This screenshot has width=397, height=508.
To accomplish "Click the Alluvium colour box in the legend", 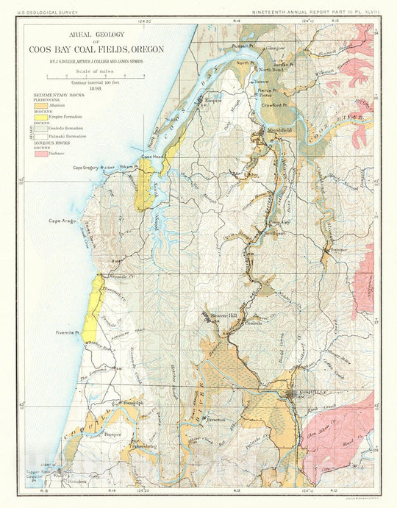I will [40, 106].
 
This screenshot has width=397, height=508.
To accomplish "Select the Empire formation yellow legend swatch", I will [40, 116].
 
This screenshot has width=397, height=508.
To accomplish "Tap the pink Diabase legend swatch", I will [40, 154].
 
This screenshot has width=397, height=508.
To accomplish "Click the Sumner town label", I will [338, 250].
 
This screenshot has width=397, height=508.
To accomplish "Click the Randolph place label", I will [130, 404].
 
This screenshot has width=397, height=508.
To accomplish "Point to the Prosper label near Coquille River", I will [112, 434].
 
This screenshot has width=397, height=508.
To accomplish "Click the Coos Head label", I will [153, 157].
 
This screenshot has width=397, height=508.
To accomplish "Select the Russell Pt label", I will [242, 46].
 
